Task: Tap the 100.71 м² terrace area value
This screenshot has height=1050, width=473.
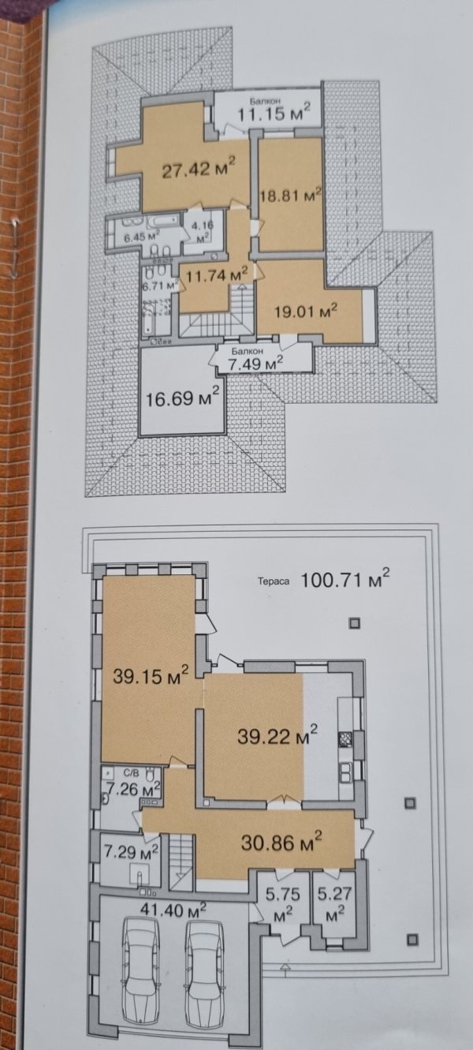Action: pyautogui.click(x=345, y=580)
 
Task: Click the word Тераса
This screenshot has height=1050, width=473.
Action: pyautogui.click(x=273, y=581)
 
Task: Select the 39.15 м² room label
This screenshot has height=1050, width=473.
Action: pyautogui.click(x=151, y=675)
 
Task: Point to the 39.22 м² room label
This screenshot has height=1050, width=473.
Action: pyautogui.click(x=277, y=735)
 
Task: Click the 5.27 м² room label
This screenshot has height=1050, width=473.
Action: pyautogui.click(x=334, y=903)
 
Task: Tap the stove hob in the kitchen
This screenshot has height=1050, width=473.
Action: pyautogui.click(x=345, y=738)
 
